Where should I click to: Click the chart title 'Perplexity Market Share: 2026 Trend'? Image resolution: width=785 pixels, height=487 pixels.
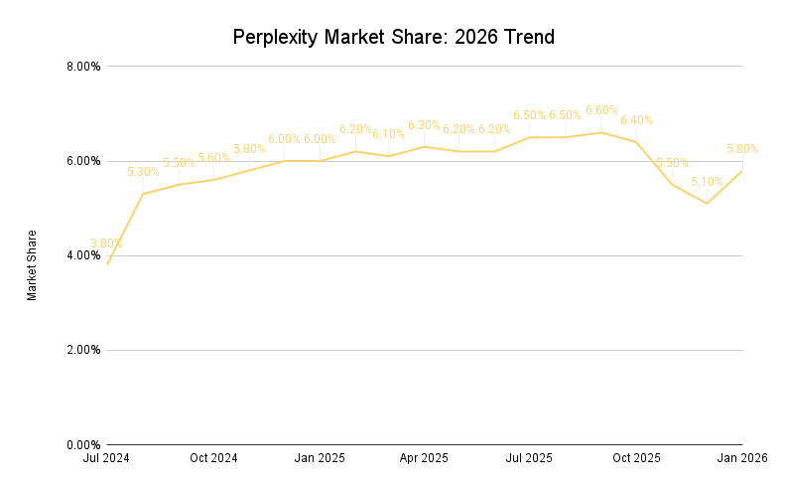point(393,38)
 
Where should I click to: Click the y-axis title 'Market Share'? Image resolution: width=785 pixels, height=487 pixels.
point(32,265)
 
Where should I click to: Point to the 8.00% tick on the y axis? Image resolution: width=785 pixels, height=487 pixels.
point(82,67)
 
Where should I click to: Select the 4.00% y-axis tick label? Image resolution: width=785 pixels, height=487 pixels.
point(82,255)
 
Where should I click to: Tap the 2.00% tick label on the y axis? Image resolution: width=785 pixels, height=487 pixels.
point(82,350)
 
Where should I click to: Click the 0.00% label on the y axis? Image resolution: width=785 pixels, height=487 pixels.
point(82,444)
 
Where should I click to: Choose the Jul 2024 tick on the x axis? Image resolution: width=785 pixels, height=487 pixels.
point(107,458)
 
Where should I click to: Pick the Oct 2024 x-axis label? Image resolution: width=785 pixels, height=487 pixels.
point(213,458)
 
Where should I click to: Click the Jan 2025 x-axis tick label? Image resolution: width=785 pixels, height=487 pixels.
point(320,458)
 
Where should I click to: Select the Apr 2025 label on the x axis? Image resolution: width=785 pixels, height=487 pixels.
point(424,458)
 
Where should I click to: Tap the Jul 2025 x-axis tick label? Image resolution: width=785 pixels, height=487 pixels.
point(529,458)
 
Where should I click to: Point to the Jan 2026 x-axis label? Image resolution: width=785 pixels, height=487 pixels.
point(741,458)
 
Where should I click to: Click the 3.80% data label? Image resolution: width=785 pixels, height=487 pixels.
point(106,243)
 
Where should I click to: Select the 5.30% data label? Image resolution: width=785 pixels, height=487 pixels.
point(143,172)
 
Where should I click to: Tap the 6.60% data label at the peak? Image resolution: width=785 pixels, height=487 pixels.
point(601,110)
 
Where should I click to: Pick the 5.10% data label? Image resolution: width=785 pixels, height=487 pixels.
point(707,182)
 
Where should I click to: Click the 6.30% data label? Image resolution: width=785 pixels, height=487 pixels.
point(424,125)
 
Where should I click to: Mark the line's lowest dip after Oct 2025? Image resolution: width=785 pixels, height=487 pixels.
point(707,203)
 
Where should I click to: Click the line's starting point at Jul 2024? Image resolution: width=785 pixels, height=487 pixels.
point(107,264)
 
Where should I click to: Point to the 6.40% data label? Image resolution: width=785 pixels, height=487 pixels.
point(636,120)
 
